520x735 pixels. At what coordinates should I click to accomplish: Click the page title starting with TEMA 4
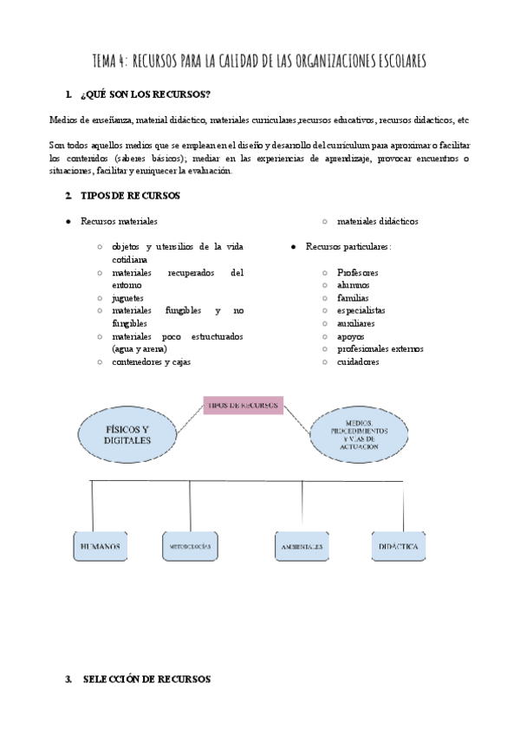pyautogui.click(x=259, y=62)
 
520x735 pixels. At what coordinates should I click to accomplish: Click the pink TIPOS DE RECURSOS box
pyautogui.click(x=243, y=405)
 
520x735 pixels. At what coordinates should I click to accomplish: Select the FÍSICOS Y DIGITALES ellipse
pyautogui.click(x=127, y=434)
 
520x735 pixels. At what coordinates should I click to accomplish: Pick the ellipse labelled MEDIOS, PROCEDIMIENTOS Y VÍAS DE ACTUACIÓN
pyautogui.click(x=359, y=435)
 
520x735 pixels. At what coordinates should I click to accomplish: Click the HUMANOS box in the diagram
pyautogui.click(x=100, y=547)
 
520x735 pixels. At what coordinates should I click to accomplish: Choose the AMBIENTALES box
pyautogui.click(x=302, y=547)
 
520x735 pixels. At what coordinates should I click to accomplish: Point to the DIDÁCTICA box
pyautogui.click(x=400, y=547)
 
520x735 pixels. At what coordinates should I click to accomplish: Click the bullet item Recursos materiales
pyautogui.click(x=120, y=222)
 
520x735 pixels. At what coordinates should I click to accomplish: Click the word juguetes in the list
pyautogui.click(x=128, y=297)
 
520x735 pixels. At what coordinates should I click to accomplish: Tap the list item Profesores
pyautogui.click(x=357, y=272)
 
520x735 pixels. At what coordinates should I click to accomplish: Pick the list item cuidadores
pyautogui.click(x=358, y=361)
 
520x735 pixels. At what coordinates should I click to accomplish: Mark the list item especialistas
pyautogui.click(x=361, y=310)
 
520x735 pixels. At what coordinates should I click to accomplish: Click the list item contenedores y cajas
pyautogui.click(x=151, y=361)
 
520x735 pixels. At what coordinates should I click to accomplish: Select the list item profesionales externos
pyautogui.click(x=380, y=348)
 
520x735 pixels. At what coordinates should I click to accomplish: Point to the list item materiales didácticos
pyautogui.click(x=377, y=222)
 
